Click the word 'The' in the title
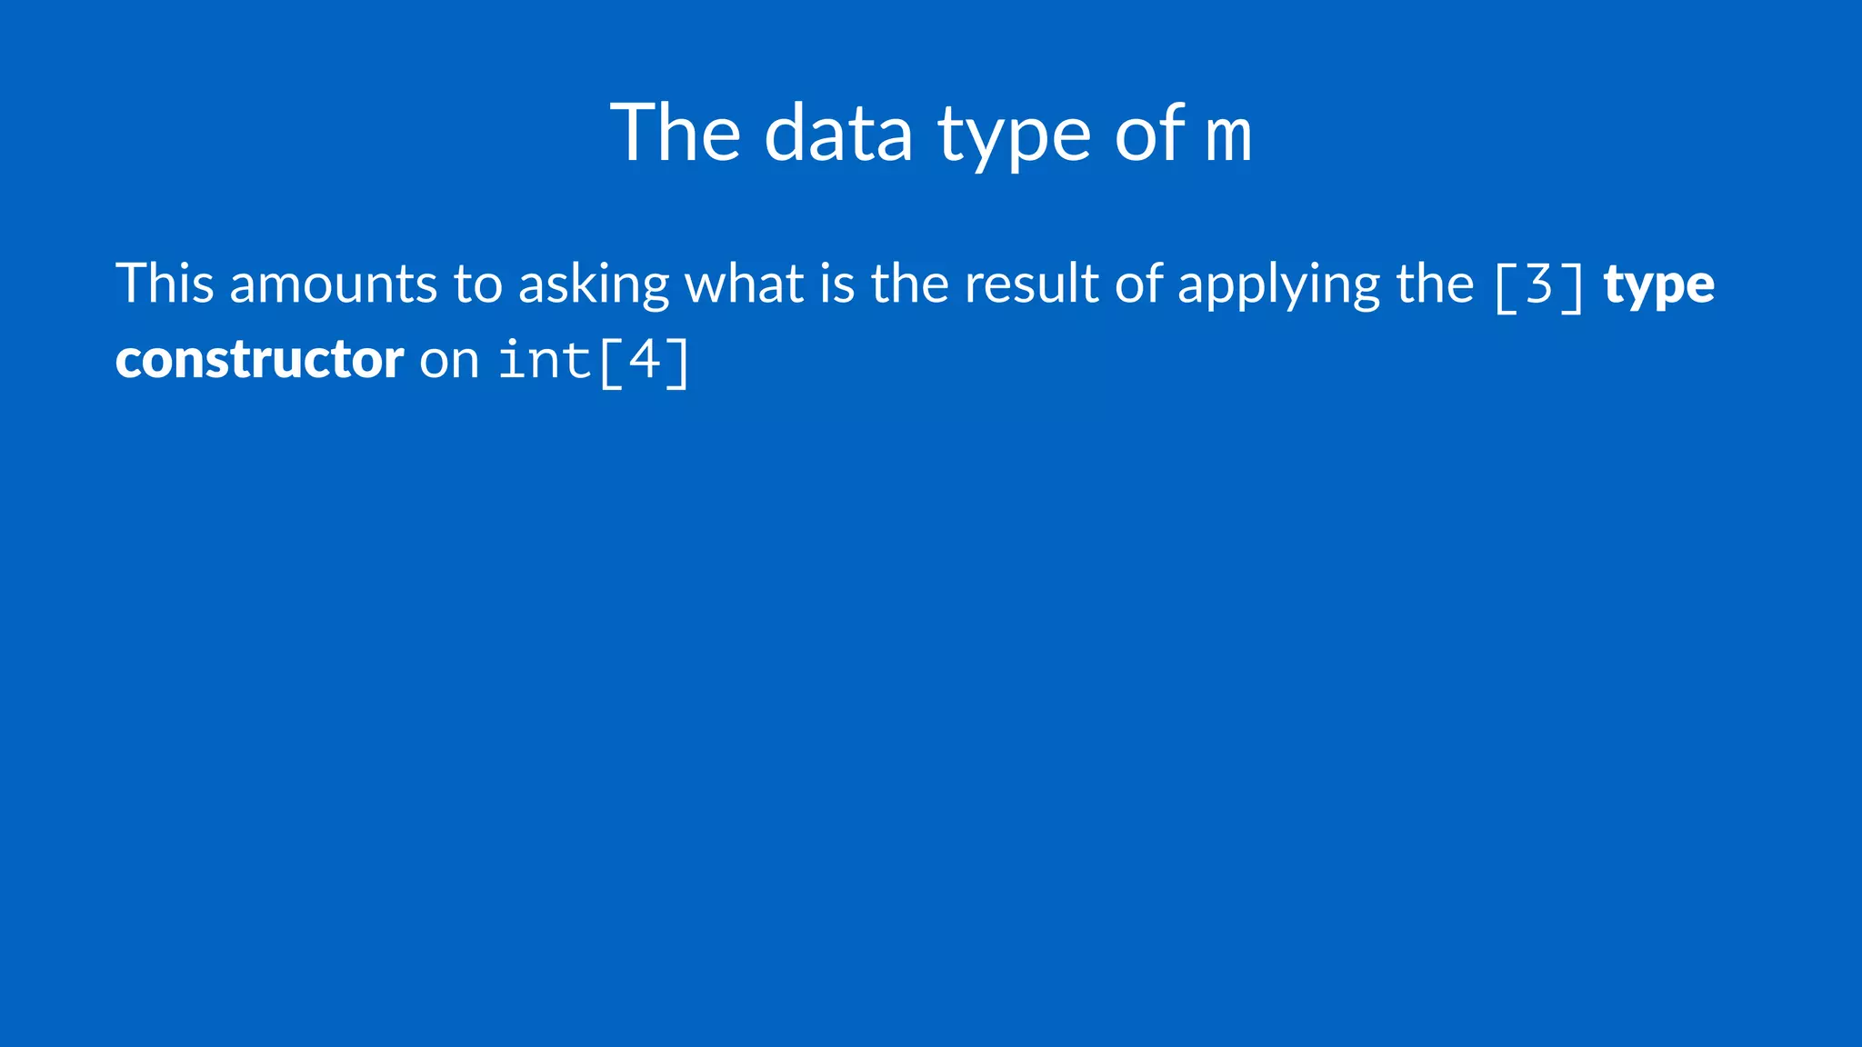(x=675, y=133)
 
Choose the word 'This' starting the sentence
(x=165, y=283)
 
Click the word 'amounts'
(x=333, y=284)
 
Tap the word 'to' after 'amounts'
(x=477, y=284)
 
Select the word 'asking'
(x=593, y=286)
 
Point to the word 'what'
(x=744, y=283)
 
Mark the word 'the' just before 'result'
(x=909, y=283)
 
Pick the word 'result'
(x=1032, y=283)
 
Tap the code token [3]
(x=1538, y=285)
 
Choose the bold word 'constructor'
(x=259, y=360)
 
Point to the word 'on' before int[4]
(x=449, y=362)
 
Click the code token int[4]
(x=595, y=361)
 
